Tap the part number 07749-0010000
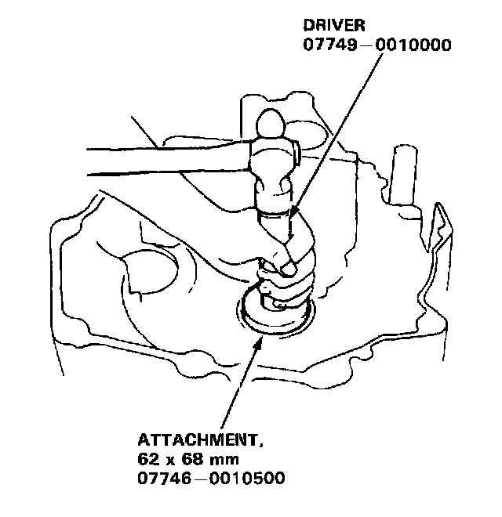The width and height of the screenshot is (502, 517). [x=376, y=45]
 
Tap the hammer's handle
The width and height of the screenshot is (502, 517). [x=157, y=161]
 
